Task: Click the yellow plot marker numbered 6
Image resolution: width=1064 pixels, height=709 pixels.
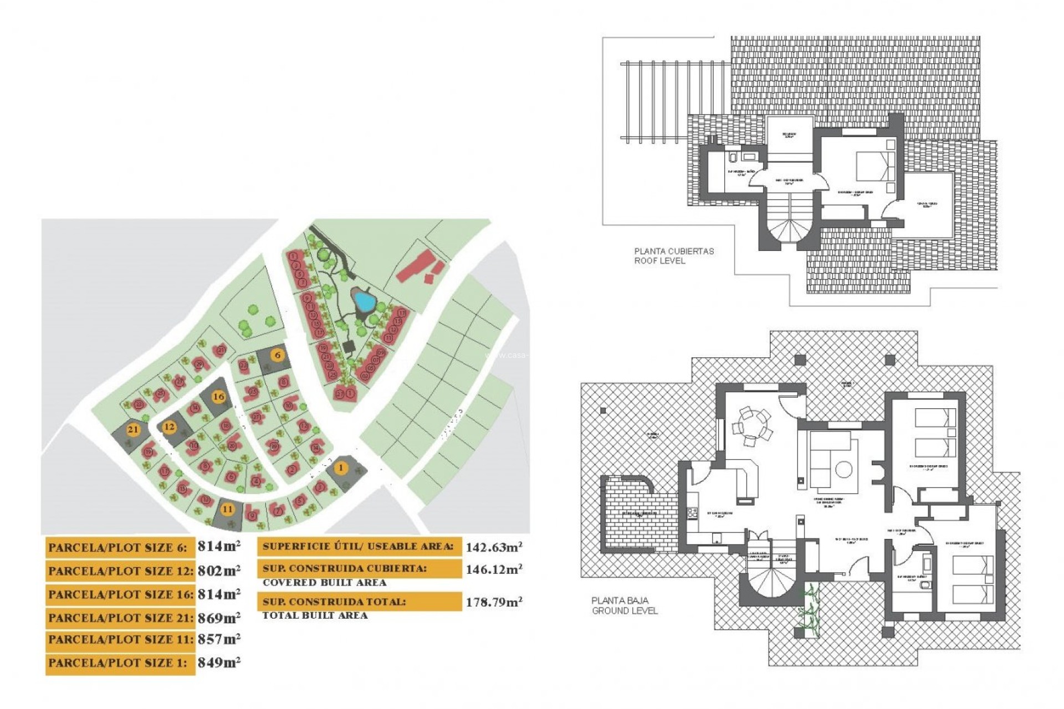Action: point(278,355)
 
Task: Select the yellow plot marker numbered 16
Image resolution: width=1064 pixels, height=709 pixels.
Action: point(218,396)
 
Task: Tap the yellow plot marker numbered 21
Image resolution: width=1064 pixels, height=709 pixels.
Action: point(133,429)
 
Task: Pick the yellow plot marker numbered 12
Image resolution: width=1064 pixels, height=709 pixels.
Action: point(169,427)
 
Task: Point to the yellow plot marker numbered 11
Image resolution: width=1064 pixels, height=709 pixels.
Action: point(227,509)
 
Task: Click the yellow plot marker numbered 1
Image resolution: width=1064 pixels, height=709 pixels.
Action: point(341,468)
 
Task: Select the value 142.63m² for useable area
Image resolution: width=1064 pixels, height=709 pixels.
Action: point(493,547)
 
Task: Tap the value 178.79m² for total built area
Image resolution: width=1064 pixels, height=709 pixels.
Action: point(493,602)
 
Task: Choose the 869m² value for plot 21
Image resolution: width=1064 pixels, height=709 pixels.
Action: point(219,618)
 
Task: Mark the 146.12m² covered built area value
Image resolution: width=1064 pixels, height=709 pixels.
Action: point(493,569)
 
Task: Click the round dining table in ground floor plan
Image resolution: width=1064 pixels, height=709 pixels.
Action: point(752,427)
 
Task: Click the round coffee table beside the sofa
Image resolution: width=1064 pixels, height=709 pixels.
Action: point(843,470)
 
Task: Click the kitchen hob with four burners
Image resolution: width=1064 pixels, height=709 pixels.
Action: point(693,513)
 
